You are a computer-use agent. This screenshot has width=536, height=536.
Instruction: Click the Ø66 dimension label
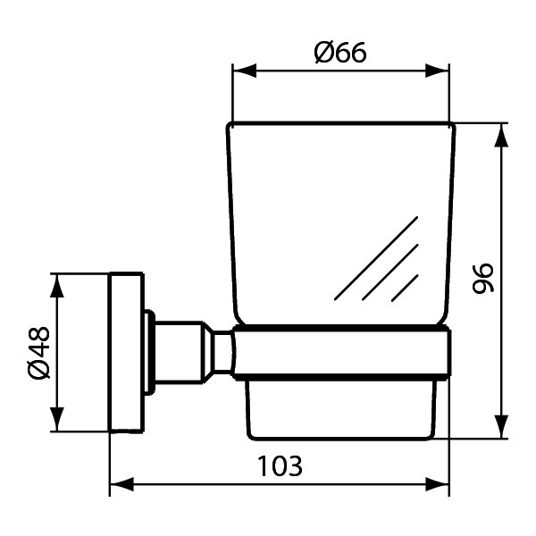[340, 53]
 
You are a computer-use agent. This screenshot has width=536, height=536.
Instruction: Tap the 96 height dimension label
[483, 278]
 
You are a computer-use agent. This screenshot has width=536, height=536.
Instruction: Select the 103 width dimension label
[280, 466]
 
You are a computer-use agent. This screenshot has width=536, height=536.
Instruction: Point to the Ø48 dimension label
[38, 353]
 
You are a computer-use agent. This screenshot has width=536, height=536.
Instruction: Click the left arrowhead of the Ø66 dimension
[244, 71]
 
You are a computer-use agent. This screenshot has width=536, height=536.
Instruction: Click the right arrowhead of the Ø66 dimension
[437, 71]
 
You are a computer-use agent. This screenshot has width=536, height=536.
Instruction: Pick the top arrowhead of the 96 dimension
[501, 135]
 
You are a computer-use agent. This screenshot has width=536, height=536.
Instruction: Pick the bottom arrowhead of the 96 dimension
[501, 426]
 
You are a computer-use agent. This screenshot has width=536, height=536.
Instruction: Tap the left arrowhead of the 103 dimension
[121, 484]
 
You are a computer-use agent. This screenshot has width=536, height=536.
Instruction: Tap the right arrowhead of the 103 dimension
[437, 484]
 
